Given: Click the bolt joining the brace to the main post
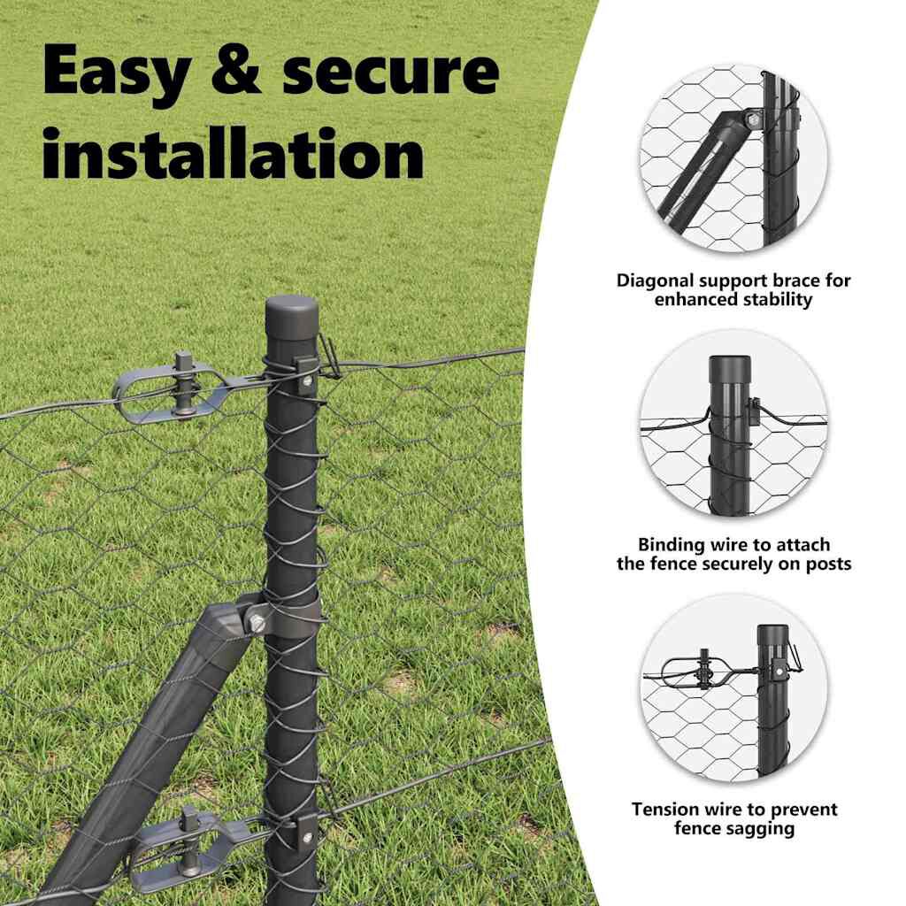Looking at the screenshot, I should coord(257,622).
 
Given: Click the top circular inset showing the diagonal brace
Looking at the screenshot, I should coord(733,159).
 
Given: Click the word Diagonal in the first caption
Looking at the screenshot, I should coord(657,281).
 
